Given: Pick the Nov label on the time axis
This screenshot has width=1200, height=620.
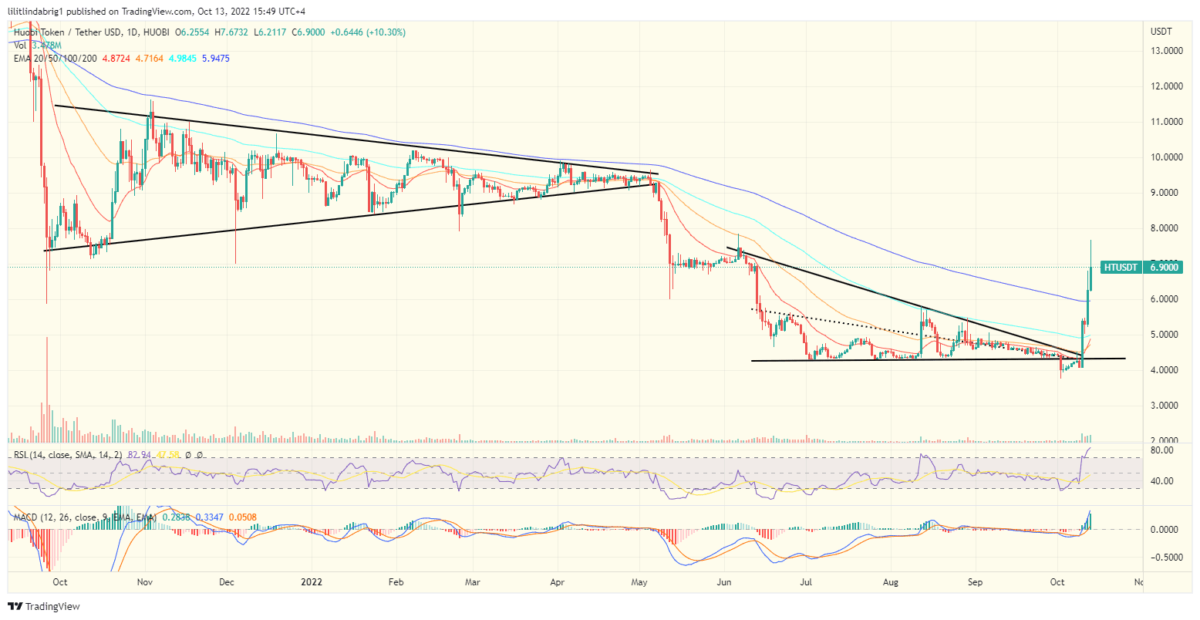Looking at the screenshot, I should pos(144,583).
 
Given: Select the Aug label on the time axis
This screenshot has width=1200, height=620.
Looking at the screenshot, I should pos(892,583).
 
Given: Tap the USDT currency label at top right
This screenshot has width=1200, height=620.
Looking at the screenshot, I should pos(1161,32).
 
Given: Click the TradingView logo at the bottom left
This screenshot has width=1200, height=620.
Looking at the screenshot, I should pos(44,607).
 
